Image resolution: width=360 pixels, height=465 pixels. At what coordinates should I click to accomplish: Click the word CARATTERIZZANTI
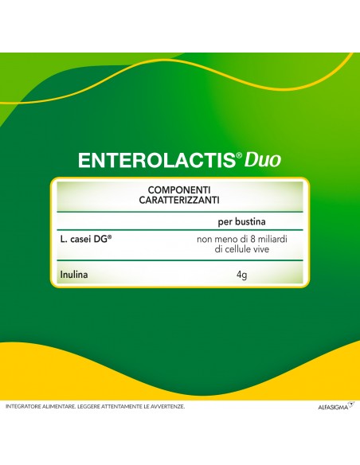coord(179,201)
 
